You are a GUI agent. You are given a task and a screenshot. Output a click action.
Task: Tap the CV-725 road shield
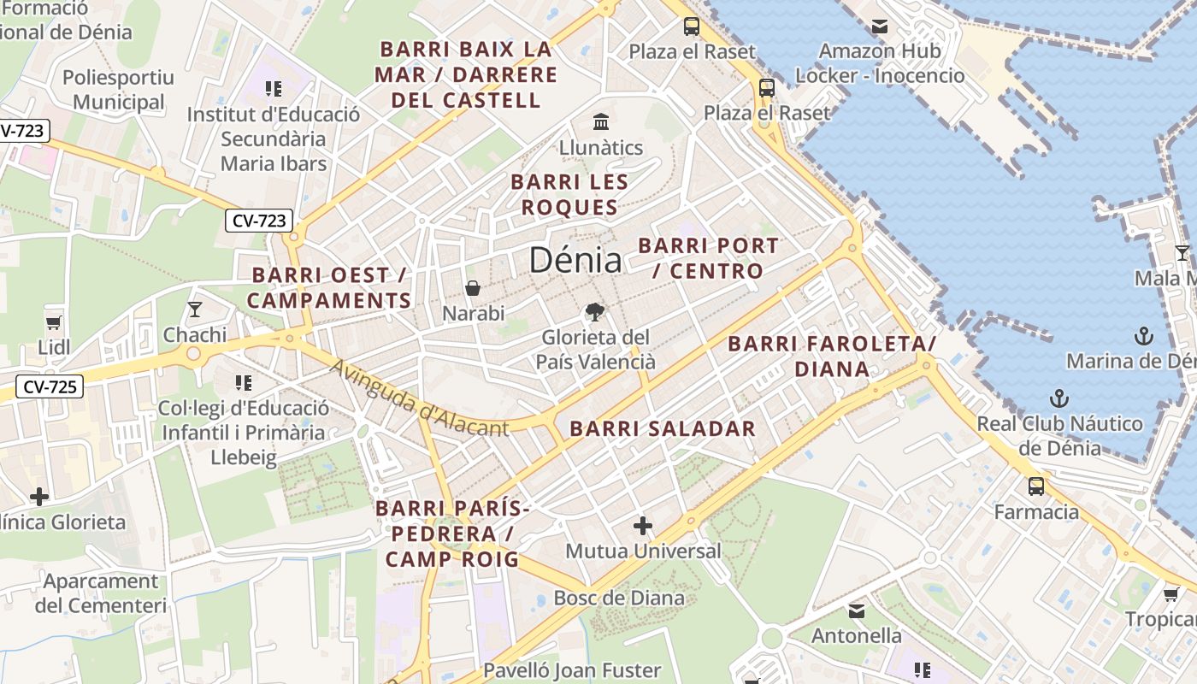pyautogui.click(x=50, y=386)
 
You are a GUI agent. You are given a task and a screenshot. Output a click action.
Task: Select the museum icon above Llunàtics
pyautogui.click(x=601, y=121)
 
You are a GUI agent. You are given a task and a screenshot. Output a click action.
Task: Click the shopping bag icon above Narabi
pyautogui.click(x=473, y=288)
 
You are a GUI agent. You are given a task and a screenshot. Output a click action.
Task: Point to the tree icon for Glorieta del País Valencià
pyautogui.click(x=595, y=312)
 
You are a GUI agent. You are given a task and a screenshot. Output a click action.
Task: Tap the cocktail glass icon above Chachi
pyautogui.click(x=195, y=309)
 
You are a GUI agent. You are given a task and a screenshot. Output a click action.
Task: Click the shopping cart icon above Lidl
pyautogui.click(x=54, y=322)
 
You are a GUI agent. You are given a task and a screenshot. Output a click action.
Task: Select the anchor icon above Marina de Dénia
pyautogui.click(x=1143, y=336)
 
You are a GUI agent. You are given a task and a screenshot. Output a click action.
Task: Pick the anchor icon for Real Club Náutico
pyautogui.click(x=1059, y=398)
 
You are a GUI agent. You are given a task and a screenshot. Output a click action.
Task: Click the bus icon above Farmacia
pyautogui.click(x=1036, y=486)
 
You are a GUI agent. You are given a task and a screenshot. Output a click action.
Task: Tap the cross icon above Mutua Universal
pyautogui.click(x=643, y=526)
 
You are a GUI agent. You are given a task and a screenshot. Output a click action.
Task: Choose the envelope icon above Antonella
pyautogui.click(x=856, y=611)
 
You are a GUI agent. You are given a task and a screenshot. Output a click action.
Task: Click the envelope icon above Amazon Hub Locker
pyautogui.click(x=880, y=27)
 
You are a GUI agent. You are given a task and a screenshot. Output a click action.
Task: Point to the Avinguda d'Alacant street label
pyautogui.click(x=418, y=400)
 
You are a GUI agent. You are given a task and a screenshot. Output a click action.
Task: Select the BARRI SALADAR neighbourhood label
pyautogui.click(x=663, y=428)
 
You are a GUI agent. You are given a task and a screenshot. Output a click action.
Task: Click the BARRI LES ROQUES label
pyautogui.click(x=569, y=194)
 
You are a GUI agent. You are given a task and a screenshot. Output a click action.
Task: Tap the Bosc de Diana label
pyautogui.click(x=619, y=598)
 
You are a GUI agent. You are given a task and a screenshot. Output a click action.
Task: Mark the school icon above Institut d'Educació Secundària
pyautogui.click(x=274, y=89)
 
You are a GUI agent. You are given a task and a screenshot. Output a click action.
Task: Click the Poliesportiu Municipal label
pyautogui.click(x=118, y=90)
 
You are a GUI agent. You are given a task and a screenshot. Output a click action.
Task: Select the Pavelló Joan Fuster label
pyautogui.click(x=572, y=670)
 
